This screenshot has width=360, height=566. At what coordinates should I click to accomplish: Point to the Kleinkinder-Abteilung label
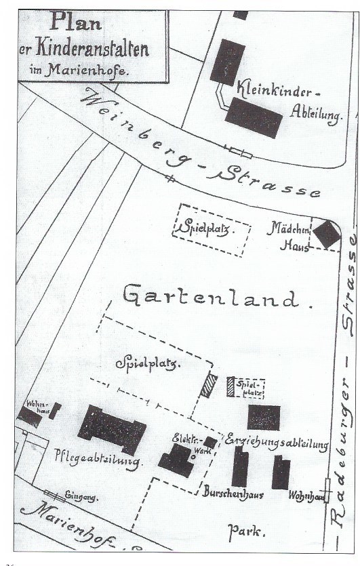pos(279,100)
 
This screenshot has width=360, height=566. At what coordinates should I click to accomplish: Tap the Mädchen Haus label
pos(290,238)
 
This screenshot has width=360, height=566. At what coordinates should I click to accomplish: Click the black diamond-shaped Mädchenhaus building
pos(326,235)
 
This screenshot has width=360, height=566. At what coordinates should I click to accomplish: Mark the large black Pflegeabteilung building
pos(112,430)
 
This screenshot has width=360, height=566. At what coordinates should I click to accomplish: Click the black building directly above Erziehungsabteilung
pos(264,418)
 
